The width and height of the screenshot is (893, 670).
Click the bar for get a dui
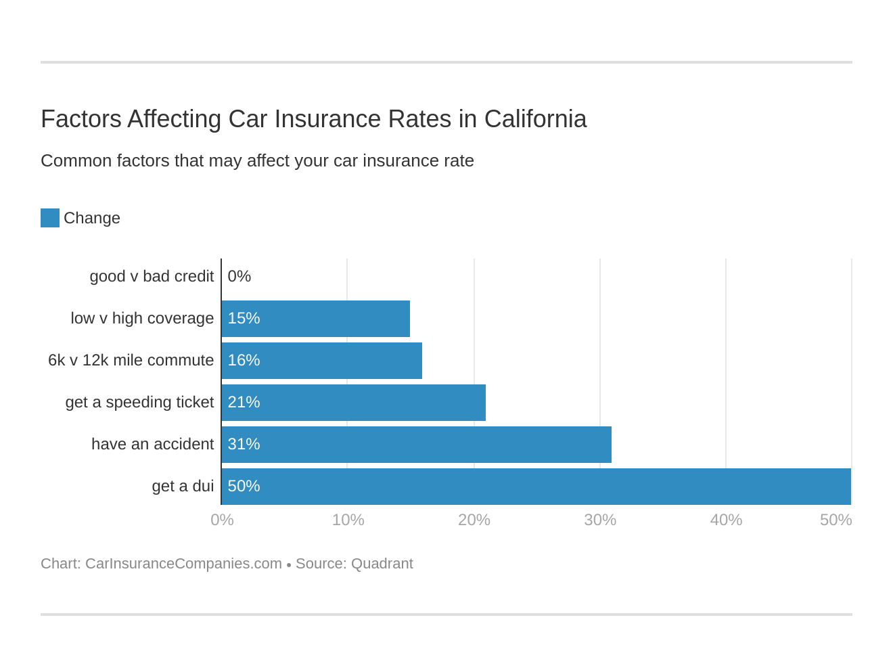coord(536,487)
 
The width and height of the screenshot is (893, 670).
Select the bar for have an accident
coord(416,445)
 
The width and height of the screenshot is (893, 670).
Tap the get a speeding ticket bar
coord(353,403)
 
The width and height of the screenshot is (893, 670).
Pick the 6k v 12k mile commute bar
coord(321,361)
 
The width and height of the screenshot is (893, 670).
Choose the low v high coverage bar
coord(315,319)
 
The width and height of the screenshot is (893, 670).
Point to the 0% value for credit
coord(239,276)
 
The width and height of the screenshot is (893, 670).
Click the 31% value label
coord(244,444)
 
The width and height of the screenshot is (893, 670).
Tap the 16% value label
coord(244,360)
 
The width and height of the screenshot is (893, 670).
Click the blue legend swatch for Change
coord(50,218)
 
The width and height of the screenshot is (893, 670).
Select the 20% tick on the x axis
coord(474,520)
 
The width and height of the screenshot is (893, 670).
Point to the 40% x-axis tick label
coord(726,520)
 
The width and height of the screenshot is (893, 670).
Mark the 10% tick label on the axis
coord(348,520)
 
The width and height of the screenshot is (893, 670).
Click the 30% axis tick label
coord(600,520)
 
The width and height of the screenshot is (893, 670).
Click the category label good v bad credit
coord(152,276)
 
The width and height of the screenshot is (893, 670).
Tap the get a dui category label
coord(183,486)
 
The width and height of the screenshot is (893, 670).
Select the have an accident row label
coord(152,444)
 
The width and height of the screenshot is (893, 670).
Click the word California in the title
coord(535,119)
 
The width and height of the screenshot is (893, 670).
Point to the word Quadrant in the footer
coord(382,564)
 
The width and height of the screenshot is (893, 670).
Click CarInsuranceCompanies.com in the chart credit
coord(183,564)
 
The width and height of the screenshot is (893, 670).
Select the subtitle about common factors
coord(257,160)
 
